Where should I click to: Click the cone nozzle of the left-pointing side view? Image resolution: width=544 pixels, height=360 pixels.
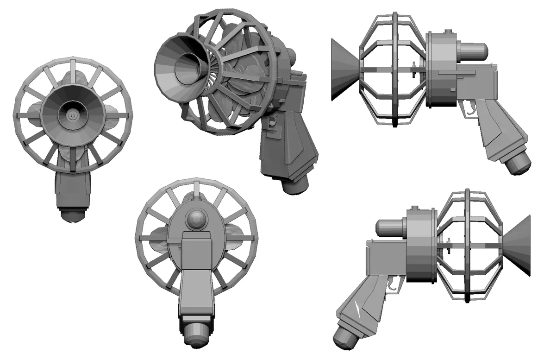345,69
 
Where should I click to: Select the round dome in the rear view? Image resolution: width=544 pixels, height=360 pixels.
196,220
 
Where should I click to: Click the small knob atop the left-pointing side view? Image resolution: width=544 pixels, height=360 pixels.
447,32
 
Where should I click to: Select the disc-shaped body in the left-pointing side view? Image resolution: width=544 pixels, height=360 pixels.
440,69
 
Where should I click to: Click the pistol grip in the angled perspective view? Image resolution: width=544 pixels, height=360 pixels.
289,148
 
